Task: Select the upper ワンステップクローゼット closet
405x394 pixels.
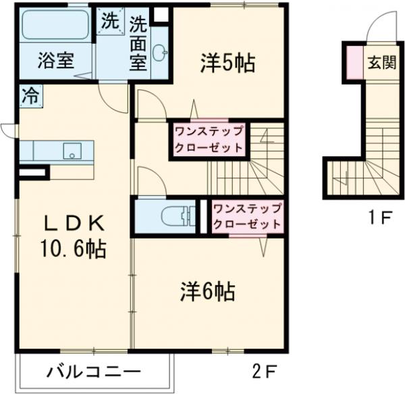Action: (x=208, y=139)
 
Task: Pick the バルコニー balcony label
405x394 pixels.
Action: (x=94, y=371)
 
